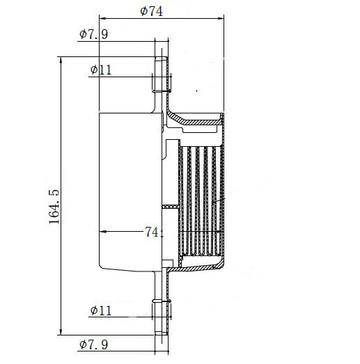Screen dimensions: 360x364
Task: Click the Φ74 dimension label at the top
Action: coord(151,11)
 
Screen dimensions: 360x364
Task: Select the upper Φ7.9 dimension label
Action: coord(93,34)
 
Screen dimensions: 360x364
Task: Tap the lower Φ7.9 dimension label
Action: coord(93,345)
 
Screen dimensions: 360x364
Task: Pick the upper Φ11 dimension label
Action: coord(101,70)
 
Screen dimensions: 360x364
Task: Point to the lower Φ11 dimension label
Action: coord(101,310)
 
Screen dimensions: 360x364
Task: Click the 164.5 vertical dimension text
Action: coord(54,207)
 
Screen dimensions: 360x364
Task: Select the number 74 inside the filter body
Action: coord(152,232)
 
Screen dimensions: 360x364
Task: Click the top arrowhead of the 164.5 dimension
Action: coord(61,60)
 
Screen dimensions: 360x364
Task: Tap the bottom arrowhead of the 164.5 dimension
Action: coord(61,332)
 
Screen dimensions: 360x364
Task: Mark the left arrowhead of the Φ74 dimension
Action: coord(102,18)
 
